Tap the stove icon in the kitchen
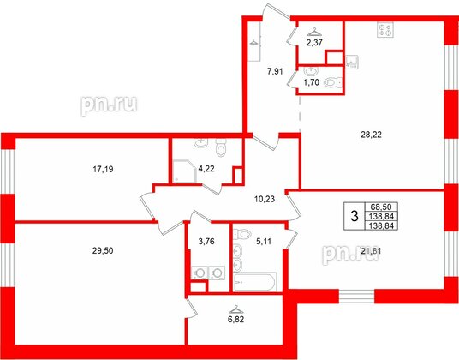click(x=382, y=32)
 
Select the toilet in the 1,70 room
click(x=339, y=81)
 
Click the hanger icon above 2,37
click(x=315, y=30)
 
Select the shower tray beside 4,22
click(x=182, y=173)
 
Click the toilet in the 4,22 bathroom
click(x=220, y=151)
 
